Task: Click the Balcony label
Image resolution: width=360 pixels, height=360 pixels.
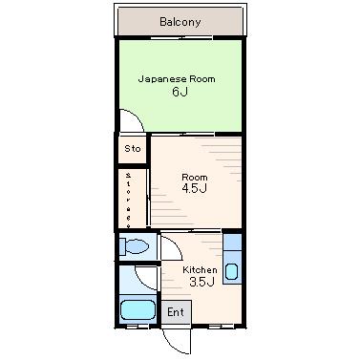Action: (x=180, y=22)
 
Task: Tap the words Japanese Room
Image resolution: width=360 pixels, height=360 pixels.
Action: (x=177, y=79)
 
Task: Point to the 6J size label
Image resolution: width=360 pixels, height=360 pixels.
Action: (x=180, y=92)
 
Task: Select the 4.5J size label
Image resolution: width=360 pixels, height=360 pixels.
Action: (x=195, y=188)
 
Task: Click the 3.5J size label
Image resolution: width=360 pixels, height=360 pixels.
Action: (x=201, y=282)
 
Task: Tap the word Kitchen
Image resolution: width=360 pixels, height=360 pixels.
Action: (x=200, y=270)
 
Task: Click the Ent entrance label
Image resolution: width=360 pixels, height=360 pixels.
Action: (x=176, y=312)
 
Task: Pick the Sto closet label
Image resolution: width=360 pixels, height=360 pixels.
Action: (x=133, y=149)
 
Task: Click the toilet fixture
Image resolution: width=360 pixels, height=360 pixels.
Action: (x=135, y=246)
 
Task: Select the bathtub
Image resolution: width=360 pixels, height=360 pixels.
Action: (x=138, y=309)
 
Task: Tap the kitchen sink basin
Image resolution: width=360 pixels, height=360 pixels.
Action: (x=231, y=271)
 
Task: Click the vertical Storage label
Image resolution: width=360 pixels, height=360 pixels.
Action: (x=128, y=201)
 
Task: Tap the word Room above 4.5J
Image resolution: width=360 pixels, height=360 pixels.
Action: (x=195, y=177)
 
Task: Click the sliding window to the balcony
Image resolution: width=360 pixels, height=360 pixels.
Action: (x=181, y=38)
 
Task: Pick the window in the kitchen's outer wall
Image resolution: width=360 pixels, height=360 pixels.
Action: (x=222, y=327)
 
